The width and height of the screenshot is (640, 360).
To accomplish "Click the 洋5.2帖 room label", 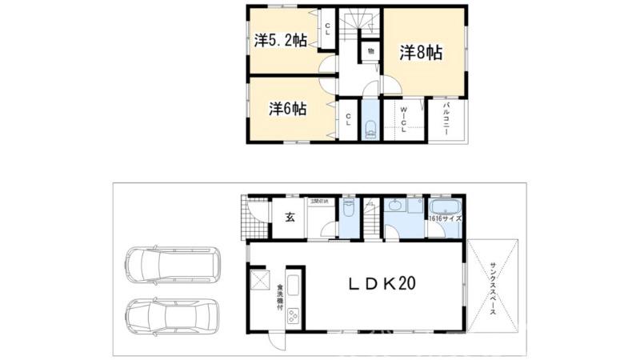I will (x=281, y=40).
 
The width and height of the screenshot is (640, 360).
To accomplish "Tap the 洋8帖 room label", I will (x=421, y=53).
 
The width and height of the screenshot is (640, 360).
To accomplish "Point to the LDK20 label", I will (x=382, y=282).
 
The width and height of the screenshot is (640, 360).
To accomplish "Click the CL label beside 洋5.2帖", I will (x=328, y=28).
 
